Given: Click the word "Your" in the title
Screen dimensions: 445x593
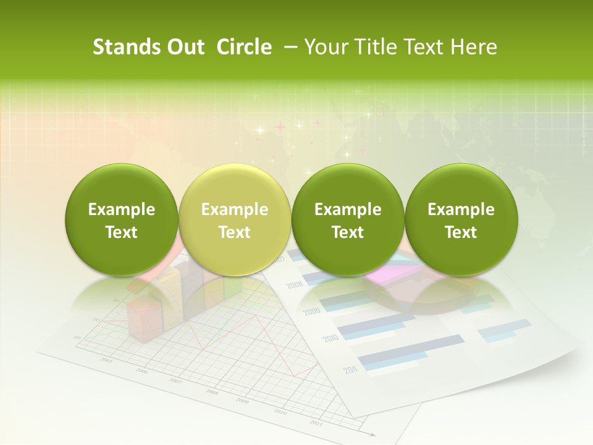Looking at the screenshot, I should point(324,47).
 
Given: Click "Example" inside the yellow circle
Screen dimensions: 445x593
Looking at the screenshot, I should point(234,210).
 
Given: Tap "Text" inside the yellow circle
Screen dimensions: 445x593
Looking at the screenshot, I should point(234,232).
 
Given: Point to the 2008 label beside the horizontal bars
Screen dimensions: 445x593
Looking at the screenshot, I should point(294,284).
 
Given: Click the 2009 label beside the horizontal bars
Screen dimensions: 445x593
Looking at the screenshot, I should point(311,311).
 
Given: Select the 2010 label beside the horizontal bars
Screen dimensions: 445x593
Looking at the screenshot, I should point(330,339).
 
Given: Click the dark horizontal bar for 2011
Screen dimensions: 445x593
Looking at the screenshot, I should point(410,349).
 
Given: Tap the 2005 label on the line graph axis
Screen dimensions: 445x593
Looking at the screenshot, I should point(106,360).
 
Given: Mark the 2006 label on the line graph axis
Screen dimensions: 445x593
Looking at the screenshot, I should point(141,371).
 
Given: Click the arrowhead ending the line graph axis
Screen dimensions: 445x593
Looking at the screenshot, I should point(371,434).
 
